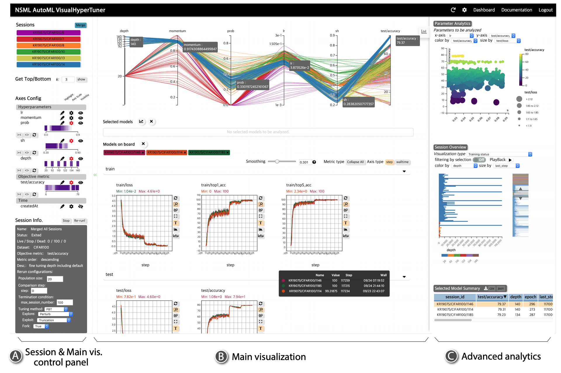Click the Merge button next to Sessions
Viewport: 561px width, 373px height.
80,25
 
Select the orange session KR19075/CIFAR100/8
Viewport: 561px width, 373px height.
49,45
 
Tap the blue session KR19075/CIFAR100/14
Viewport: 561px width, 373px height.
49,65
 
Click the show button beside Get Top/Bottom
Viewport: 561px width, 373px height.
81,79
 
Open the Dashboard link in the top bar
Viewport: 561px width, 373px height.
484,10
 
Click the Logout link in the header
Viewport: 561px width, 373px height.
545,10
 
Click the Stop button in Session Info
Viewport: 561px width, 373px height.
66,221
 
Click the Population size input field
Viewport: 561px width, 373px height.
55,279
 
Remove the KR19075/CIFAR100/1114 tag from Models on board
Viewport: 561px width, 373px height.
185,152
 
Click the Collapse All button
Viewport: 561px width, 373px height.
355,162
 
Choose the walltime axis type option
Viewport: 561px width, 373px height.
402,162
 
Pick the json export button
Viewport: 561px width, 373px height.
501,288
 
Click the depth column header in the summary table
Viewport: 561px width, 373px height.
515,297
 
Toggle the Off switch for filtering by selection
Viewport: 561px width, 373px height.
479,160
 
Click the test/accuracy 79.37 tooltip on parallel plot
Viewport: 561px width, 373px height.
407,41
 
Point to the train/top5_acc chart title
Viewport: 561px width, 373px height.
299,185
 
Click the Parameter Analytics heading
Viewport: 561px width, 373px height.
452,24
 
